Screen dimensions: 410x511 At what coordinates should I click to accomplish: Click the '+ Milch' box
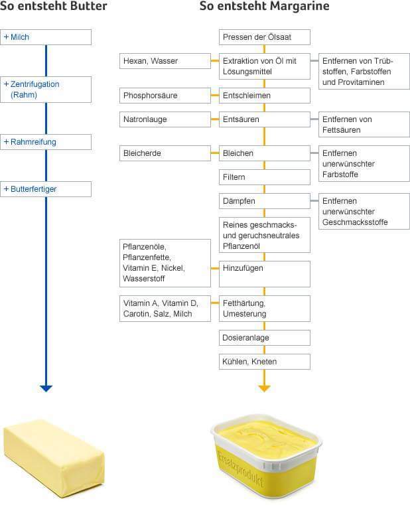[x=46, y=37]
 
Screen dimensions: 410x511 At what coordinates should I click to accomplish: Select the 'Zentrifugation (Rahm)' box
[x=46, y=90]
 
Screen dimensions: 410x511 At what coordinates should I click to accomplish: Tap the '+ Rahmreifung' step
[x=46, y=142]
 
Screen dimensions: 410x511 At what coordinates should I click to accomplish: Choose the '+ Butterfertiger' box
[x=46, y=189]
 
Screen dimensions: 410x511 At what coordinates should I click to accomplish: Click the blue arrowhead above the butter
[x=46, y=388]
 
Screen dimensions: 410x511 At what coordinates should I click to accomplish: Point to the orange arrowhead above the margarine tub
[x=264, y=388]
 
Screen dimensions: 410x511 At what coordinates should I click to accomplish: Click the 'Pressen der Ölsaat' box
[x=265, y=37]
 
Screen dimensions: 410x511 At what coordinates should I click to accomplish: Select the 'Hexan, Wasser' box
[x=165, y=61]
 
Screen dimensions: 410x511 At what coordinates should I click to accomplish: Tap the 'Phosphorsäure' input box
[x=165, y=96]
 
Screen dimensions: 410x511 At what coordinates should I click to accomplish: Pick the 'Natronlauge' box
[x=165, y=119]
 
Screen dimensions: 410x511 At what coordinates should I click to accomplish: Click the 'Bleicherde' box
[x=165, y=153]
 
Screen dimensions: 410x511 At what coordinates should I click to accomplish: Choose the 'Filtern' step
[x=265, y=177]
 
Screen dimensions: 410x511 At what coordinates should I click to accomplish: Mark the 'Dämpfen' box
[x=265, y=201]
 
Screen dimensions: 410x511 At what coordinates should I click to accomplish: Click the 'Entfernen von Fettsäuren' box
[x=364, y=125]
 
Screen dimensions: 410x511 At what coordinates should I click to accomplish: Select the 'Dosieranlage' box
[x=265, y=338]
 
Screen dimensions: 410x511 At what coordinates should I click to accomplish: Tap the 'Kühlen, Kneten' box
[x=265, y=362]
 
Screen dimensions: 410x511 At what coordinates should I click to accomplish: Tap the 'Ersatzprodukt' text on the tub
[x=241, y=469]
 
